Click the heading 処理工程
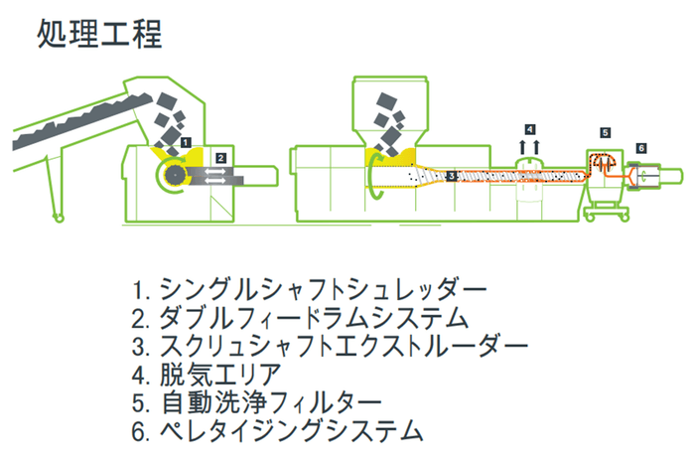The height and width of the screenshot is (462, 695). pyautogui.click(x=98, y=35)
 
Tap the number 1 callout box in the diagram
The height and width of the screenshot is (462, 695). pyautogui.click(x=187, y=143)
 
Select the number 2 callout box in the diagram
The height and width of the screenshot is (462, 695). pyautogui.click(x=221, y=157)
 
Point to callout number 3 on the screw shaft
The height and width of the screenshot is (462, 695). pyautogui.click(x=451, y=176)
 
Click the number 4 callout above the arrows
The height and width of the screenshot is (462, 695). pyautogui.click(x=530, y=129)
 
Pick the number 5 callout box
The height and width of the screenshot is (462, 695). pyautogui.click(x=606, y=132)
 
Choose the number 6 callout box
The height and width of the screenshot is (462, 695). pyautogui.click(x=641, y=148)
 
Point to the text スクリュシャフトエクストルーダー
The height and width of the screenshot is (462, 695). pyautogui.click(x=343, y=348)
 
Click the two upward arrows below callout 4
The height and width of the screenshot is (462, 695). pyautogui.click(x=530, y=148)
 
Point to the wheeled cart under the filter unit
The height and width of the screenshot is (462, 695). pyautogui.click(x=607, y=206)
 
